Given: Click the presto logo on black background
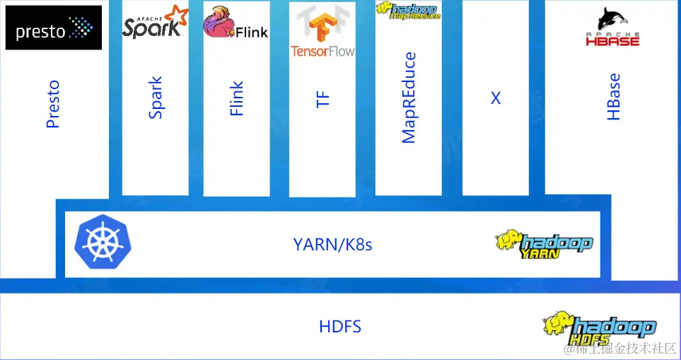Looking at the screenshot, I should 54,28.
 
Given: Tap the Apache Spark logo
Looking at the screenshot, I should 155,22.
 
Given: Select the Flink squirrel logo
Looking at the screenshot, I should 235,23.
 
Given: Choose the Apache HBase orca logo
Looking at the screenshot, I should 612,27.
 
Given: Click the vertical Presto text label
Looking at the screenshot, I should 53,105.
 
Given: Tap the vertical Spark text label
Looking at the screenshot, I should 156,98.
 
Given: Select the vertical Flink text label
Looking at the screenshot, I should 237,98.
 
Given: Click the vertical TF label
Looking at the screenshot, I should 322,98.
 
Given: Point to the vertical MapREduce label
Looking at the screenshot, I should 409,98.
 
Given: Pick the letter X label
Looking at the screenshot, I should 496,98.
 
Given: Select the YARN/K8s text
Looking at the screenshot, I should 332,245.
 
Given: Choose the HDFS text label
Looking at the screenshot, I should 340,326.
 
